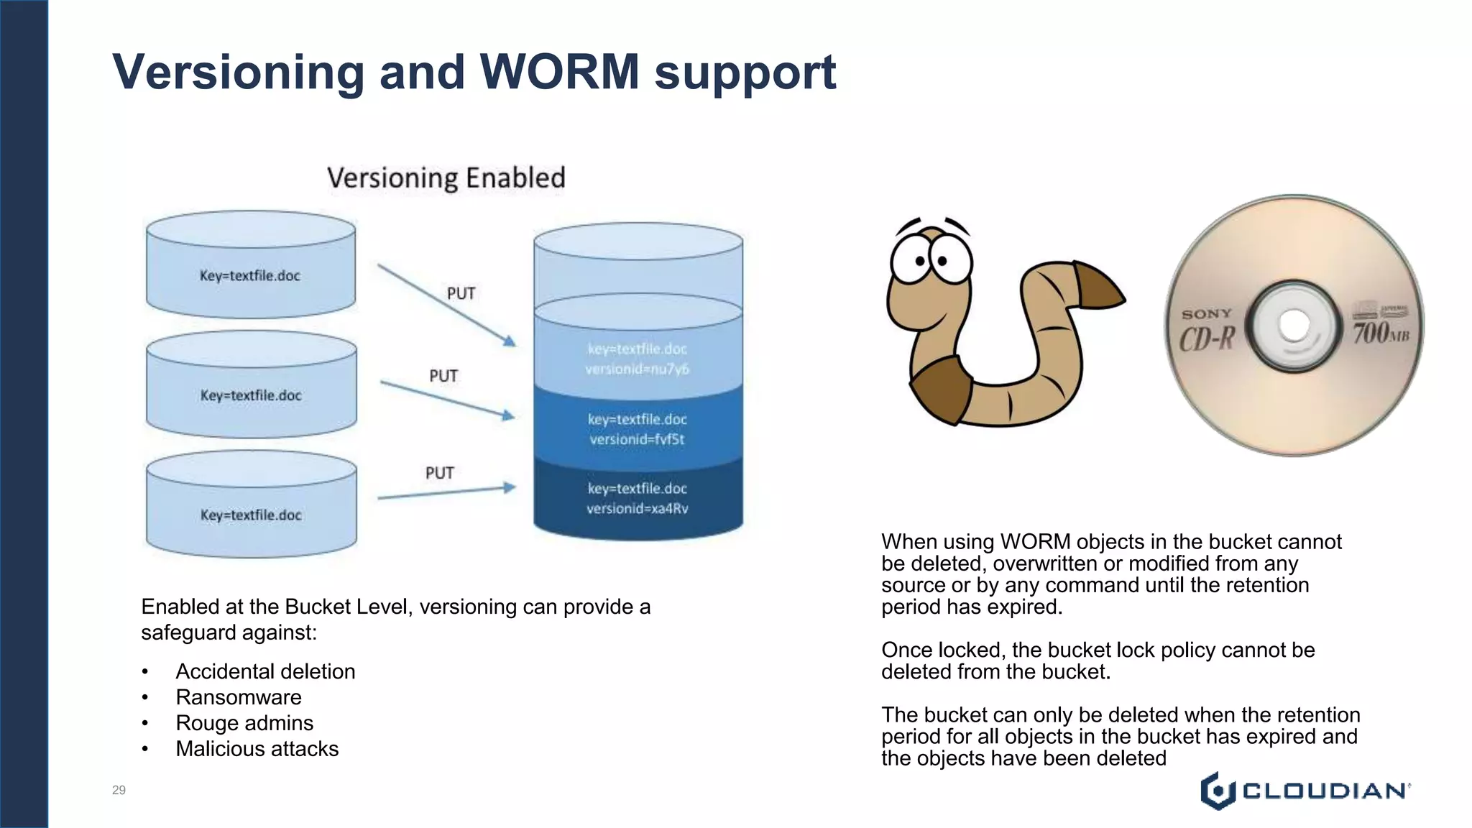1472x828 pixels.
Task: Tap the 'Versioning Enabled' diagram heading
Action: point(446,178)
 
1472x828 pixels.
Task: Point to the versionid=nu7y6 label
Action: point(637,369)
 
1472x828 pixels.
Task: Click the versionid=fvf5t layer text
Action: point(637,439)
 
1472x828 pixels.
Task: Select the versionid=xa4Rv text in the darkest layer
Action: point(637,509)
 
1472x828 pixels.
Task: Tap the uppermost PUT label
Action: point(461,293)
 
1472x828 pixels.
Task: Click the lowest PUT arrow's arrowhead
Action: point(510,487)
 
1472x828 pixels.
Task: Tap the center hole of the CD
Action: point(1294,325)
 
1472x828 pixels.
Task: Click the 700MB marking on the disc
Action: point(1380,333)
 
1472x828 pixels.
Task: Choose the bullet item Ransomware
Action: point(239,697)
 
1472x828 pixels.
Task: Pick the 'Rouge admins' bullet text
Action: point(244,723)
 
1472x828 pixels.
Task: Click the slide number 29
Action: point(119,790)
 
